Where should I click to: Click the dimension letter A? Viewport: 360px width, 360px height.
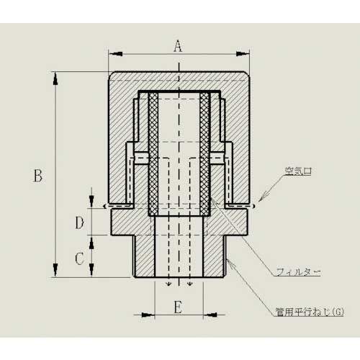178,48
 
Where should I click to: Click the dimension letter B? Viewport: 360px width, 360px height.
39,175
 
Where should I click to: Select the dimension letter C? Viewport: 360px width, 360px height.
81,256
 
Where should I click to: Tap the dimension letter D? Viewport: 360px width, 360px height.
81,222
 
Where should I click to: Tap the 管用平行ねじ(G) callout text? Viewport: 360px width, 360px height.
310,311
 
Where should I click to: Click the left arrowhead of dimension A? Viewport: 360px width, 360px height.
112,53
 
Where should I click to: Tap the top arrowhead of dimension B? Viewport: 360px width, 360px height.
55,76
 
